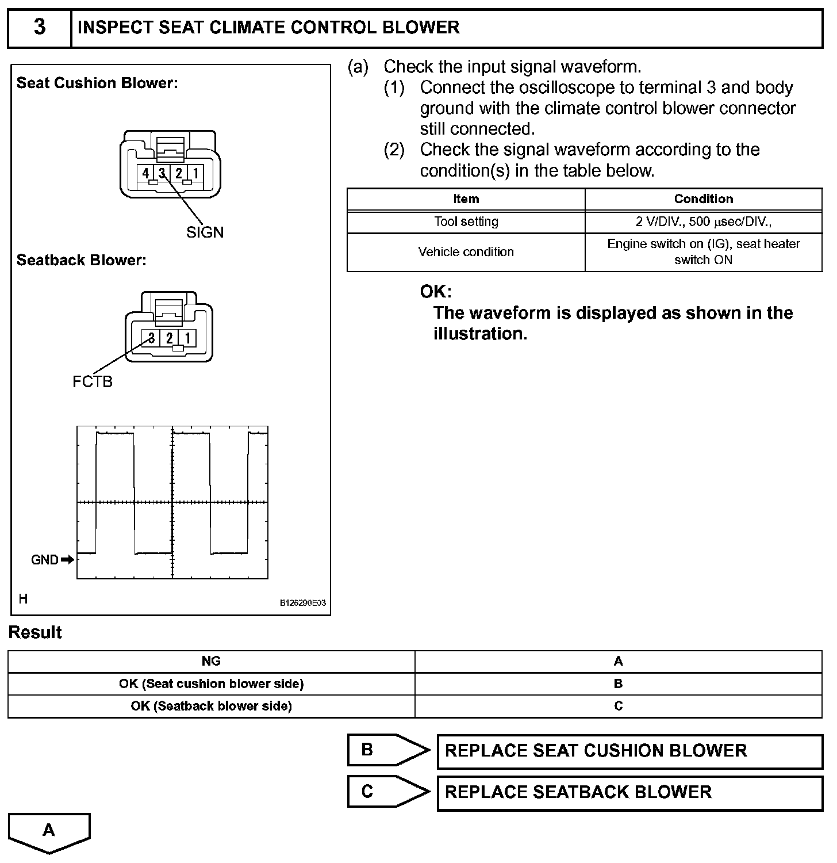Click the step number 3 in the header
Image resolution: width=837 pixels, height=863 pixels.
39,28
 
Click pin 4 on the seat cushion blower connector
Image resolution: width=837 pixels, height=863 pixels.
145,173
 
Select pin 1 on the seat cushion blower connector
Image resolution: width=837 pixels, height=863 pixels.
195,173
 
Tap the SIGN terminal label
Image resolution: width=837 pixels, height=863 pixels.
205,232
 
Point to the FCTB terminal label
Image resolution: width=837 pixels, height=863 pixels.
93,381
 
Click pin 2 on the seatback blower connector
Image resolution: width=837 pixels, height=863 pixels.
169,338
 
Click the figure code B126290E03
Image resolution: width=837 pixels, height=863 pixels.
303,603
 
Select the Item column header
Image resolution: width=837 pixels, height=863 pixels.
466,199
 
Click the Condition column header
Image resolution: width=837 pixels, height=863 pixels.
703,199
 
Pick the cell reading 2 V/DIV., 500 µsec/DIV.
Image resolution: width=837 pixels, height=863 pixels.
703,222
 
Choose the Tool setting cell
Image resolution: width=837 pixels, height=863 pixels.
466,222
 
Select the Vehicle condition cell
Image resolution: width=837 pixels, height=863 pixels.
466,252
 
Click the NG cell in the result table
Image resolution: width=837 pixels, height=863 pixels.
211,662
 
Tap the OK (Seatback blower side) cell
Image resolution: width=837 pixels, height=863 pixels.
211,706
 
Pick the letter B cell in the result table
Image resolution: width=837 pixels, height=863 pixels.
618,684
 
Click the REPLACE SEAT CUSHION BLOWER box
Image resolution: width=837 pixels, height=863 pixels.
629,751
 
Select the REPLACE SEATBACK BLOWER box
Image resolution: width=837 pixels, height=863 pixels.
629,792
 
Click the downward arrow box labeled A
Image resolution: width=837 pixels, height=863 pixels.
49,831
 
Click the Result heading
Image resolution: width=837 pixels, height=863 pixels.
35,632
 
